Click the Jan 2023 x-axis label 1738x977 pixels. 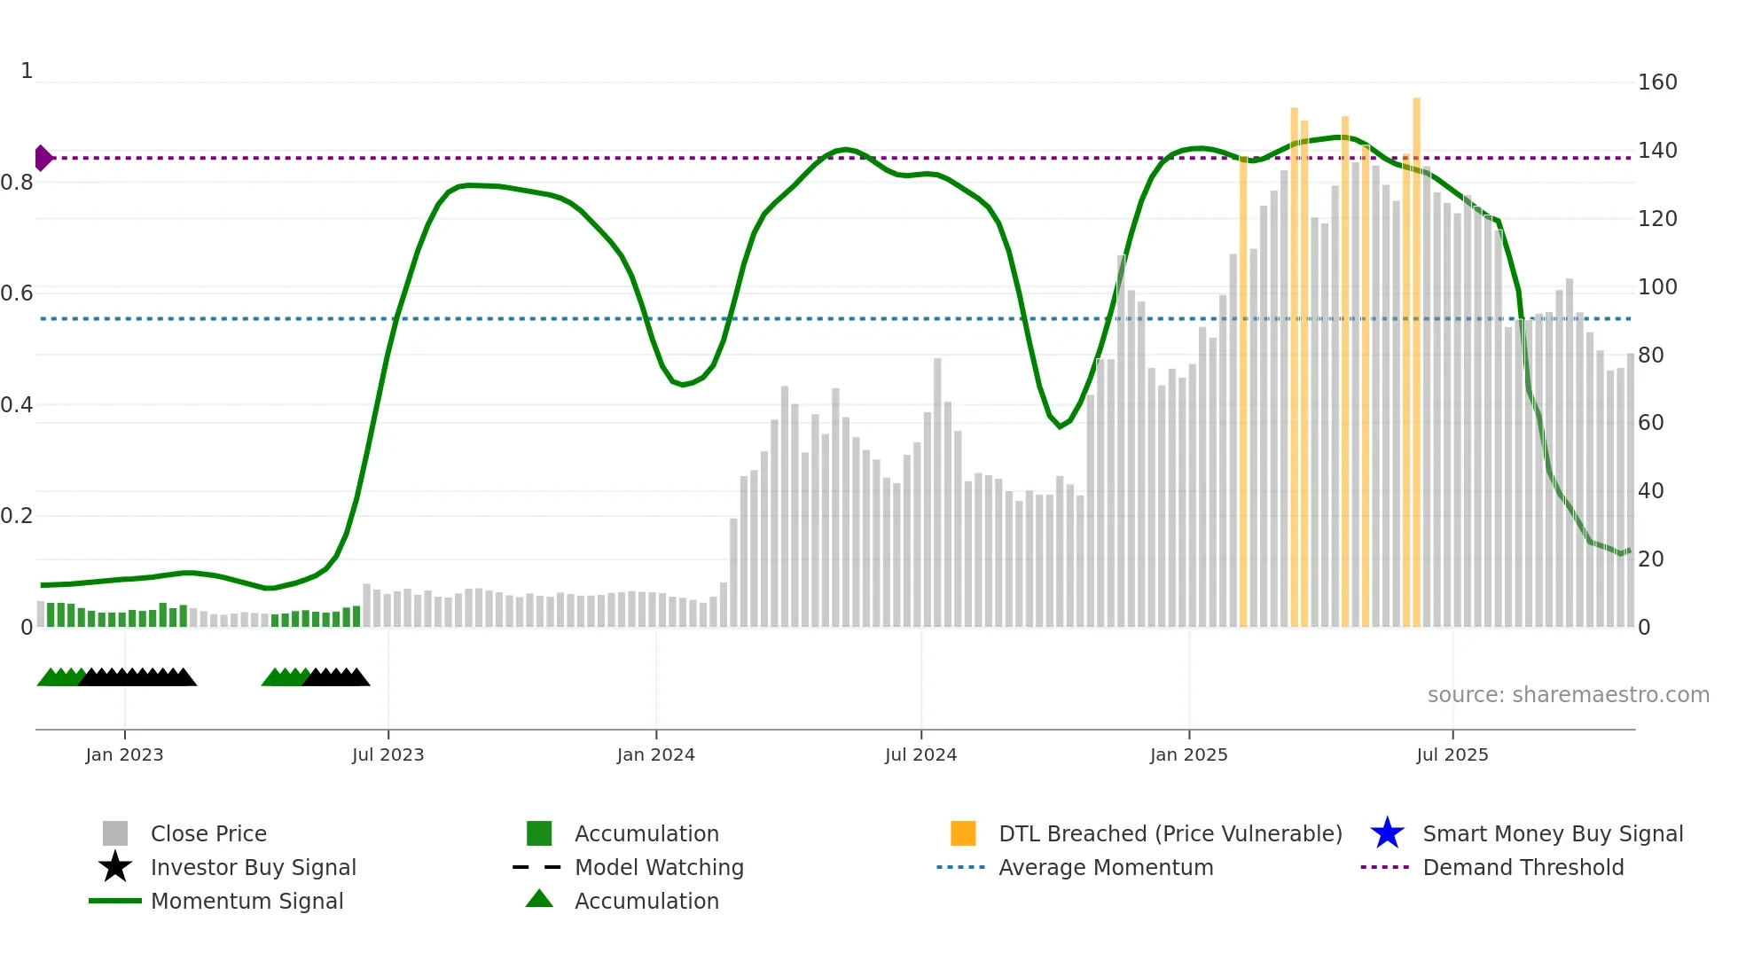[x=124, y=754]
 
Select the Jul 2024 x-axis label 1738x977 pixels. [x=920, y=754]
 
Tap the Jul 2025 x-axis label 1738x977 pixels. [x=1452, y=754]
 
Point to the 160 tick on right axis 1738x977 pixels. [x=1656, y=82]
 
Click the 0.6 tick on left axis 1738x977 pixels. [x=17, y=293]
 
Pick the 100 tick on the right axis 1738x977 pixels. [x=1656, y=287]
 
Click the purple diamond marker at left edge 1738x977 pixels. [x=43, y=158]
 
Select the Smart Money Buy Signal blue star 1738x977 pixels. [x=1387, y=833]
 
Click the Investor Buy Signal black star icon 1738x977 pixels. [x=115, y=867]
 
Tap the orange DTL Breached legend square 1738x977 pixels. [x=963, y=833]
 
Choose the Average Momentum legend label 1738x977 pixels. [x=1105, y=867]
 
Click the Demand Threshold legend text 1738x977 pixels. [x=1523, y=867]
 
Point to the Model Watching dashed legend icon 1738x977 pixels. [x=537, y=867]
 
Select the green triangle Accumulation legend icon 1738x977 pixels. [x=539, y=899]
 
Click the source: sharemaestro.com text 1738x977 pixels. [x=1568, y=694]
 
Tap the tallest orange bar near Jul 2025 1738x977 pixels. [x=1416, y=355]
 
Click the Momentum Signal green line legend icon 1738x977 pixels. [x=115, y=901]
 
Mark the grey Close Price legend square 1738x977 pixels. [x=115, y=833]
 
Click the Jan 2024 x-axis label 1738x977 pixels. [x=655, y=754]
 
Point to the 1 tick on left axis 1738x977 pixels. [x=27, y=71]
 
